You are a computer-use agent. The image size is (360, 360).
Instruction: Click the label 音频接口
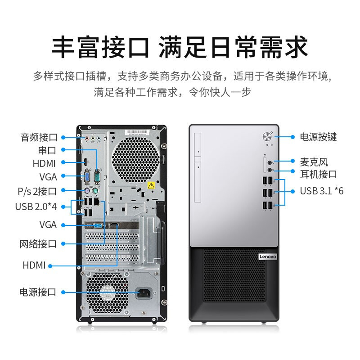[x=39, y=137]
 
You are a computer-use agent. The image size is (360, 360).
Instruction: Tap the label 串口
[x=47, y=150]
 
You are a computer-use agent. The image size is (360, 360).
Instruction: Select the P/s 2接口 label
[x=37, y=191]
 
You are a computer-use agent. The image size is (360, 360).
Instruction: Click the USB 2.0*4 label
[x=36, y=207]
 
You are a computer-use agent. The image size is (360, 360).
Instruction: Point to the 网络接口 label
[x=38, y=244]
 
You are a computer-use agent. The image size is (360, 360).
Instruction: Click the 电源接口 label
[x=38, y=292]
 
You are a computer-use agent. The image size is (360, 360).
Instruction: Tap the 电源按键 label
[x=318, y=137]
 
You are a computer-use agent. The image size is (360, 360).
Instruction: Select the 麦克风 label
[x=314, y=162]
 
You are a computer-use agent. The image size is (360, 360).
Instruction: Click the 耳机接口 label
[x=318, y=174]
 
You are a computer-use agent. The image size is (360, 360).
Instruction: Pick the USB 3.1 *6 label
[x=322, y=191]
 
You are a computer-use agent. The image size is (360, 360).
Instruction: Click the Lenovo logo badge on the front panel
[x=268, y=256]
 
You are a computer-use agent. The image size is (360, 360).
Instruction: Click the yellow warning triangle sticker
[x=151, y=185]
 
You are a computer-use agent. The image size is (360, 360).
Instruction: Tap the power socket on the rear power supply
[x=144, y=293]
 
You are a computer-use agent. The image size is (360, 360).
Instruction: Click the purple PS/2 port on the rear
[x=86, y=190]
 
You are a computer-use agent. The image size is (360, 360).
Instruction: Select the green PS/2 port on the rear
[x=95, y=190]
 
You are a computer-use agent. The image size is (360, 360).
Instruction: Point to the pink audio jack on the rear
[x=87, y=139]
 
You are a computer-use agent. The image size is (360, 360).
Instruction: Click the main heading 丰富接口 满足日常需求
[x=179, y=47]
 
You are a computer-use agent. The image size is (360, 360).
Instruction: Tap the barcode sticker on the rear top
[x=137, y=132]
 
